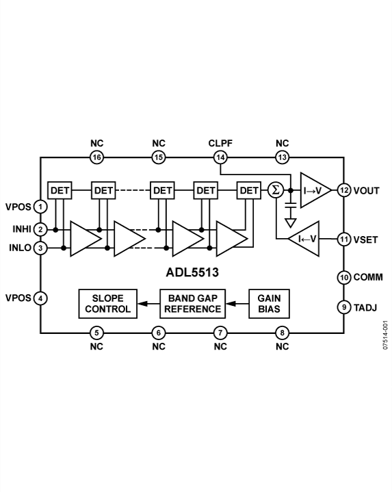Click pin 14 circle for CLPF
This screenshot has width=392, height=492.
pos(220,157)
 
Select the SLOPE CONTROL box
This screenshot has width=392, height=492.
pos(107,304)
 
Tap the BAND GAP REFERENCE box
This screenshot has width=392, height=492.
pos(192,304)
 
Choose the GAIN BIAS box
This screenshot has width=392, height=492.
pos(269,304)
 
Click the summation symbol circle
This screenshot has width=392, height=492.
pos(276,190)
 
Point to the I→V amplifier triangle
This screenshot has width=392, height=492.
pos(315,190)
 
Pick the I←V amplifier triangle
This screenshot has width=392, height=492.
pos(304,239)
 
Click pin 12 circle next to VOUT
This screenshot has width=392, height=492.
pos(344,190)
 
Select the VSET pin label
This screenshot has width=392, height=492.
pos(365,239)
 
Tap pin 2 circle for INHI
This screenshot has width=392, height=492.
pos(40,229)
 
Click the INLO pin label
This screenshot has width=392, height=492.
pos(20,248)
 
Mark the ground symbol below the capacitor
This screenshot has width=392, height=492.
pos(291,223)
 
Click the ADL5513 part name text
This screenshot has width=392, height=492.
pos(192,272)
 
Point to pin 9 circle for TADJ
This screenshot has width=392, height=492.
pos(344,307)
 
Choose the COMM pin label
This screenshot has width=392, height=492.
pos(368,277)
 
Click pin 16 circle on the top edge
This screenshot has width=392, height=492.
pos(96,157)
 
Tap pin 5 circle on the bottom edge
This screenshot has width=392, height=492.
pos(96,333)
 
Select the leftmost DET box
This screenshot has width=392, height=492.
pos(60,190)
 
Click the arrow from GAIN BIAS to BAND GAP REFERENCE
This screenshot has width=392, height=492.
pos(237,304)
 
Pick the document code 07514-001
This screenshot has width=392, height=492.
pos(385,335)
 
